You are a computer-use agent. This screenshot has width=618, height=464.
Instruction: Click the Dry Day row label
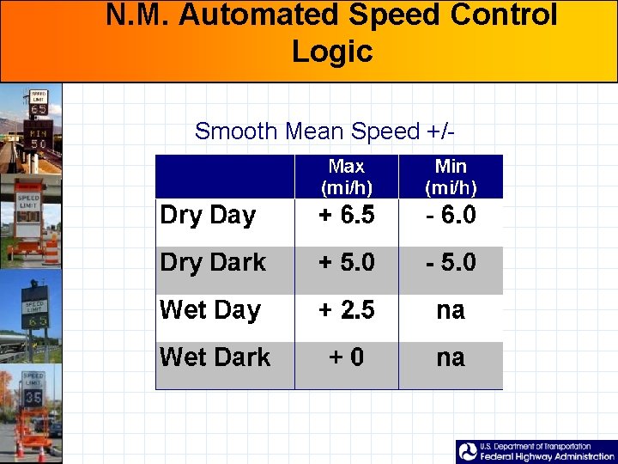point(208,215)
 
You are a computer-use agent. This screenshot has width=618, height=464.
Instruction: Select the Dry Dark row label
point(213,262)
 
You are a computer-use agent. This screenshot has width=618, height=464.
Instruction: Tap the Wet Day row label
point(210,309)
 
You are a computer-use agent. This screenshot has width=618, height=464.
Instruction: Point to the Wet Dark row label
point(215,357)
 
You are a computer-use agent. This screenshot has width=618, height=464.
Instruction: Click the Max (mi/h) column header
point(347,176)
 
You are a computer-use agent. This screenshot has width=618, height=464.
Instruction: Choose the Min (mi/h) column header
point(451,176)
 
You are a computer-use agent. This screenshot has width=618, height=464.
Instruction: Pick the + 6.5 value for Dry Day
point(347,215)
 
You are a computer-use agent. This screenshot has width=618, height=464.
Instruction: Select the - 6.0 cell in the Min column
point(451,215)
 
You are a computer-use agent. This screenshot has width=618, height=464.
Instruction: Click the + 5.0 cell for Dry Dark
point(347,262)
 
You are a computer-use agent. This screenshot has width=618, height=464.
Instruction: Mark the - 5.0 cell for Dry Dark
point(451,262)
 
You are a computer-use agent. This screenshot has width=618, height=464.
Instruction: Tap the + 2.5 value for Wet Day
point(347,309)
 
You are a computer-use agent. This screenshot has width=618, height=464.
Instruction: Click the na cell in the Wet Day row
point(451,309)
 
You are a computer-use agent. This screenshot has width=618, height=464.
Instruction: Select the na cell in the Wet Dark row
point(451,357)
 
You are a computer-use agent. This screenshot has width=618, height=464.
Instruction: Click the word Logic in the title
point(332,52)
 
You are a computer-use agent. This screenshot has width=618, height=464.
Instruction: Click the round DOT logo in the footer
point(468,452)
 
